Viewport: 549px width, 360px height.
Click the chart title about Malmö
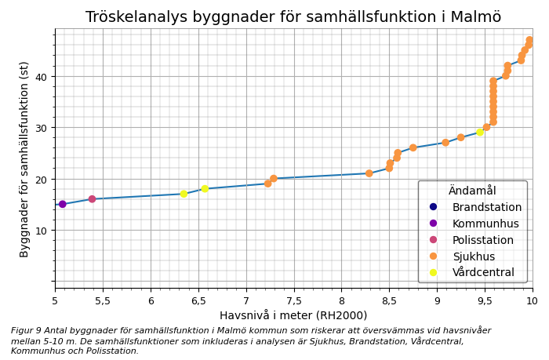[293, 17]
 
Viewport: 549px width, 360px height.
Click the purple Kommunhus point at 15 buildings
[63, 205]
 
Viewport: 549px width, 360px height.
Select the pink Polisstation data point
[92, 199]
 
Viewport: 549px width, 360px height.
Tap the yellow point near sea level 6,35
[184, 194]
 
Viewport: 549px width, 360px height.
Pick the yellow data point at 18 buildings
[205, 189]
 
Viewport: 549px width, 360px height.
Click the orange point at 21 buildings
[369, 173]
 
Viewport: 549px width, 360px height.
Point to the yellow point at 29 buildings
[480, 133]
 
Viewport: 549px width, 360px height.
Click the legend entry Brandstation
[486, 208]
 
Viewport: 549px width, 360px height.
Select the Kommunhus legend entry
[485, 224]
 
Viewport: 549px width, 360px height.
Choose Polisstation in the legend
[482, 240]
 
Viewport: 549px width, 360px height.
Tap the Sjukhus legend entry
[474, 256]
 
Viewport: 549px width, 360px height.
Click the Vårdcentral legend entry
[483, 273]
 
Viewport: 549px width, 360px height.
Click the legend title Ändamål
[472, 191]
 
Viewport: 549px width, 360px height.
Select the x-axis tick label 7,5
[293, 300]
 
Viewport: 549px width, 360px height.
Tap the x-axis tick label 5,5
[103, 300]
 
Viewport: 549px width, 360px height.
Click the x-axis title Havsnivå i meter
[293, 315]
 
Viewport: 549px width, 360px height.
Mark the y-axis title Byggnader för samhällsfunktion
[24, 159]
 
